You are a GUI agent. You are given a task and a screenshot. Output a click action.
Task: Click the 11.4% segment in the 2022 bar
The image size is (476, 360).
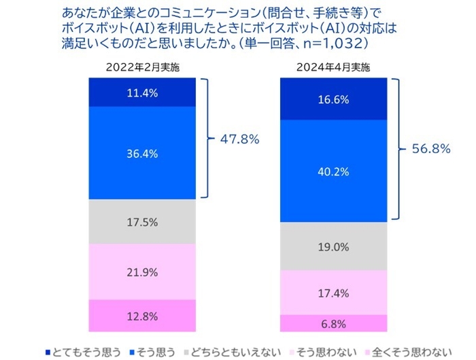(x=142, y=93)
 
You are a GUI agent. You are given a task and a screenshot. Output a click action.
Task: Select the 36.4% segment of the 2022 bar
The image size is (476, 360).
(x=142, y=154)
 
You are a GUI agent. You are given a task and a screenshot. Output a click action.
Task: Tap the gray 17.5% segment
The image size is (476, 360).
(x=142, y=222)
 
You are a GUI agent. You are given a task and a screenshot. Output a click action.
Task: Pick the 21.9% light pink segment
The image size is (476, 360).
(x=142, y=272)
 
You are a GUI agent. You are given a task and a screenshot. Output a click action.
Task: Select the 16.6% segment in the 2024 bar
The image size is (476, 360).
(x=333, y=99)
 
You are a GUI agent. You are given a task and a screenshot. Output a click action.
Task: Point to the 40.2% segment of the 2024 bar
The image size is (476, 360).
(x=333, y=171)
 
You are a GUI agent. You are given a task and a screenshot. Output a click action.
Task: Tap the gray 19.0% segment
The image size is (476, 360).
(x=333, y=247)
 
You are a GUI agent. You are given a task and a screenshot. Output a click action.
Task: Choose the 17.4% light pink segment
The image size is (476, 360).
(x=333, y=293)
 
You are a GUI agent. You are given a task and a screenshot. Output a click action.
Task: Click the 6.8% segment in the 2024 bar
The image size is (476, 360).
(x=333, y=323)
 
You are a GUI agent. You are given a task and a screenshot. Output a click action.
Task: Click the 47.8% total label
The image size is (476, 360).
(x=240, y=139)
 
